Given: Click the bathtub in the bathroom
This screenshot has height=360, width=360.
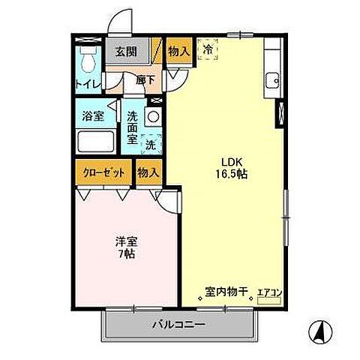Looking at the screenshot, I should coord(94,141).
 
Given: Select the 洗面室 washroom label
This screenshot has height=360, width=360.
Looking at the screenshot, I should coord(132,127).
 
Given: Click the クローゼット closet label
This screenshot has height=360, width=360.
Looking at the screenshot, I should coord(103,171).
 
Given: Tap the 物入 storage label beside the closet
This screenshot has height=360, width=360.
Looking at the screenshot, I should coord(148,172).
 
